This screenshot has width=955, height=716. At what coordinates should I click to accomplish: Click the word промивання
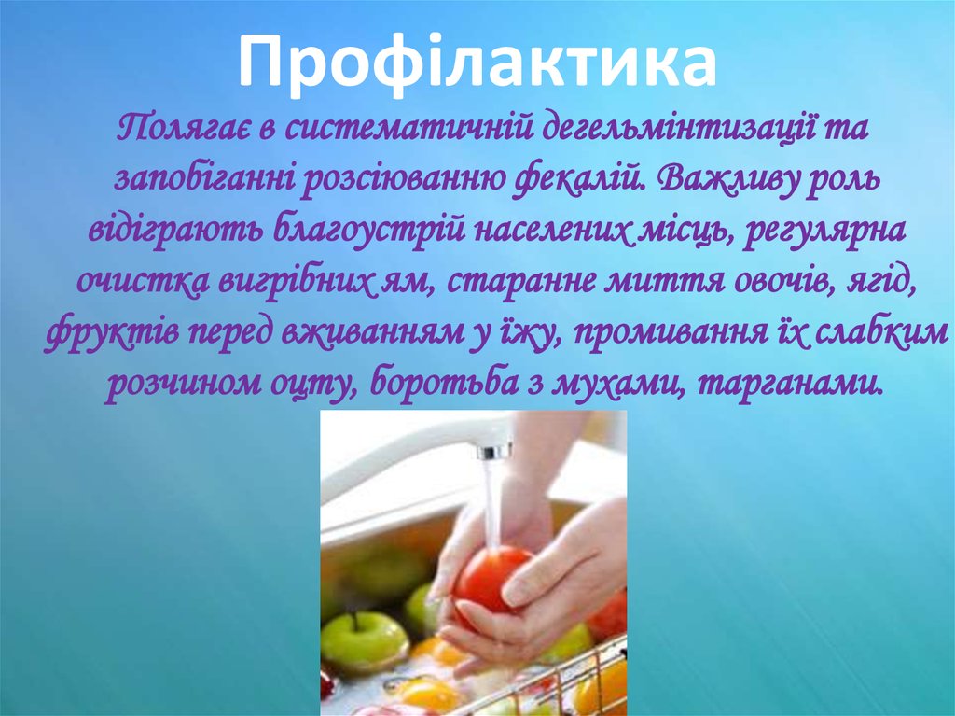[x=649, y=332]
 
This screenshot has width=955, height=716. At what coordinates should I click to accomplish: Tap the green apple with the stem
[x=364, y=639]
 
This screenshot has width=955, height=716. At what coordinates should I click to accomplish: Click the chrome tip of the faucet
[x=494, y=452]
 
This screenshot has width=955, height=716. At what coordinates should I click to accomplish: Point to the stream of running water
[x=492, y=504]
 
